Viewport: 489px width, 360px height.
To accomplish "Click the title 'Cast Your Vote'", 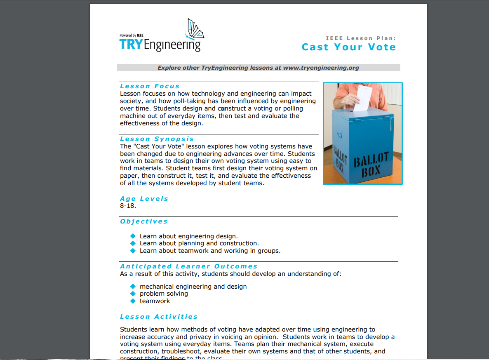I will (348, 47).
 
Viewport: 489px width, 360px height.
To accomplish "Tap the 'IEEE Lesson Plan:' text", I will (360, 38).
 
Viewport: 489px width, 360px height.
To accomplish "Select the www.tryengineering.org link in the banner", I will (321, 68).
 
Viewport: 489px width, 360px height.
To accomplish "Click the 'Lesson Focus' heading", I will (150, 86).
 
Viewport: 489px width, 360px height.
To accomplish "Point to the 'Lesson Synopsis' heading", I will (157, 139).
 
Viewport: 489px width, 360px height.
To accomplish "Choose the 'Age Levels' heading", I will (144, 199).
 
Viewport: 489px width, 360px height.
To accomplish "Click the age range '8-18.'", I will (128, 206).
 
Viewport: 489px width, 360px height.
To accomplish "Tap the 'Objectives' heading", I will (143, 221).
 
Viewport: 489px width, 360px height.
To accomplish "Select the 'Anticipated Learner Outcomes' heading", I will (188, 266).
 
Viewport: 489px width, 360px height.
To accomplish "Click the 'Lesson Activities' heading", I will (159, 317).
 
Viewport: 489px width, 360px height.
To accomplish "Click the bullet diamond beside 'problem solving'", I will (133, 294).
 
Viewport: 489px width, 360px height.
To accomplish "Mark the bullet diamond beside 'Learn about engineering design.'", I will (133, 236).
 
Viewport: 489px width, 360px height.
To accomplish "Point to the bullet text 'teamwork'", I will (155, 301).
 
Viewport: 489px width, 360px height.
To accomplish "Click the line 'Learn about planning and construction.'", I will (199, 243).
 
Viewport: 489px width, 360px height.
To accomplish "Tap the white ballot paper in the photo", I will (363, 98).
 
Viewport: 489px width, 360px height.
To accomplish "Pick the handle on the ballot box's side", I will (339, 135).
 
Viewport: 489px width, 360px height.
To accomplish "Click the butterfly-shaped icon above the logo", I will (195, 29).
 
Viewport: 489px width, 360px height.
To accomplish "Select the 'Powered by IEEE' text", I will (132, 35).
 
